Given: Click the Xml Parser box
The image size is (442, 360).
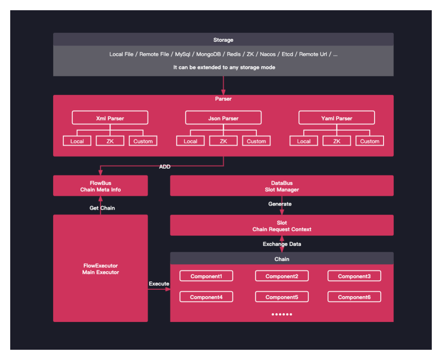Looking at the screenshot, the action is [110, 118].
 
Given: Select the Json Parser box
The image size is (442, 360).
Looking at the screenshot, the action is [223, 118].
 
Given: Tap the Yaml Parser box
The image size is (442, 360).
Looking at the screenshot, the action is [336, 118].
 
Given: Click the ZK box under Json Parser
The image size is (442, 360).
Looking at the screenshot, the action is [223, 141].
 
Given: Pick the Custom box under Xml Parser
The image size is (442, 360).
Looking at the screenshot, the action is [143, 141].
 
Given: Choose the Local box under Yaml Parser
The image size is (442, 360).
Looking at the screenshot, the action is [304, 141].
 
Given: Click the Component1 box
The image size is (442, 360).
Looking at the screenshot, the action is [206, 276].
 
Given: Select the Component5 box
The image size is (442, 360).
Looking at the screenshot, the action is [282, 297].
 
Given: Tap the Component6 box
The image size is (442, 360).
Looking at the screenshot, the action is [354, 297].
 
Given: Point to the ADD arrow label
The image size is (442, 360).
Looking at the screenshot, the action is [165, 167].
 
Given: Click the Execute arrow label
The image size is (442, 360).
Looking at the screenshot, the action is [159, 283].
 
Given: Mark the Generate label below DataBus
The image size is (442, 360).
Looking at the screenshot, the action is [280, 204].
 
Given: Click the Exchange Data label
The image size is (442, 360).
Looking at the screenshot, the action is [282, 244].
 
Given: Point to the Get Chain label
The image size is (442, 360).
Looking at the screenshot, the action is [102, 208].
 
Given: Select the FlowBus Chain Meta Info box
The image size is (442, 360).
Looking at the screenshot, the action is [100, 186].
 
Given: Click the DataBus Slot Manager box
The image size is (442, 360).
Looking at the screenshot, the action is [282, 186].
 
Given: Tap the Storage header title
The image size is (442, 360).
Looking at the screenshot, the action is [223, 40].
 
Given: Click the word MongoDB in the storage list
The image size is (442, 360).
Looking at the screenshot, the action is [208, 54].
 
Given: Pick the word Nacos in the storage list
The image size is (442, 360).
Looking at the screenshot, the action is [268, 54].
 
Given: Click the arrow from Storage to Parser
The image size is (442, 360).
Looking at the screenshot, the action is [223, 86].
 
